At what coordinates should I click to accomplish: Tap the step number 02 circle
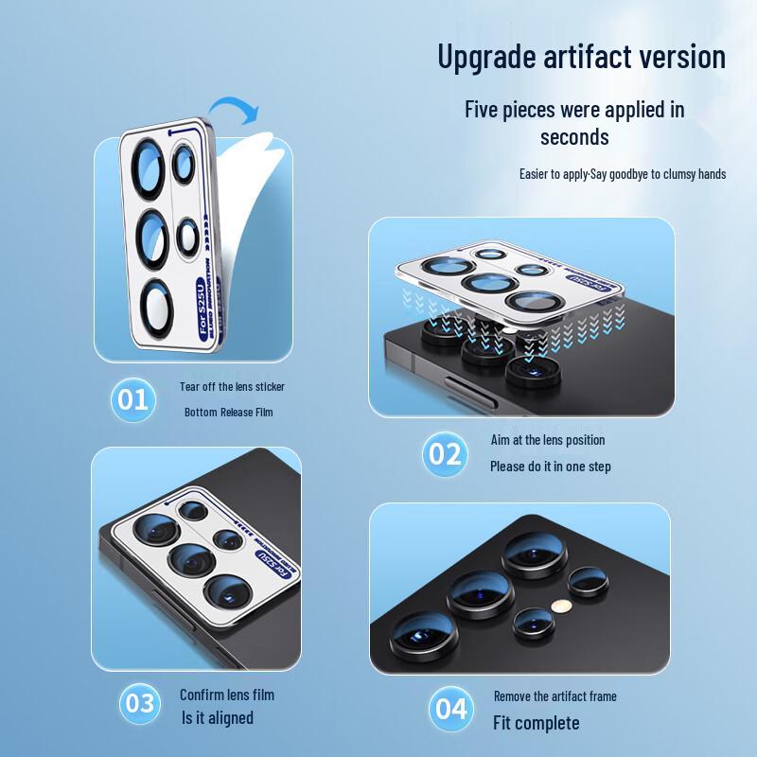click(x=445, y=454)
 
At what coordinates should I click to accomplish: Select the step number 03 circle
click(x=139, y=704)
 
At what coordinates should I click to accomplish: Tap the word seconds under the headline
click(x=574, y=137)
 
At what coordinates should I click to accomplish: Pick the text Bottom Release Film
click(x=228, y=413)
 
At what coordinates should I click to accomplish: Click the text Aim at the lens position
click(x=547, y=440)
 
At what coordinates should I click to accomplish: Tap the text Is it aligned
click(x=218, y=718)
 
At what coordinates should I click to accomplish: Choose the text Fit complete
click(x=535, y=723)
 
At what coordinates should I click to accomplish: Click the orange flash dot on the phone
click(x=559, y=602)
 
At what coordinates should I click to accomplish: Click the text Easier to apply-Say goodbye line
click(x=622, y=174)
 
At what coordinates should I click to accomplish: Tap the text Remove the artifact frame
click(x=555, y=696)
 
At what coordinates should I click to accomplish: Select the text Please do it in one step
click(x=550, y=467)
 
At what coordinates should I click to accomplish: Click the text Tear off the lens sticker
click(x=232, y=387)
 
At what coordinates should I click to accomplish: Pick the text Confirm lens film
click(x=227, y=695)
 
